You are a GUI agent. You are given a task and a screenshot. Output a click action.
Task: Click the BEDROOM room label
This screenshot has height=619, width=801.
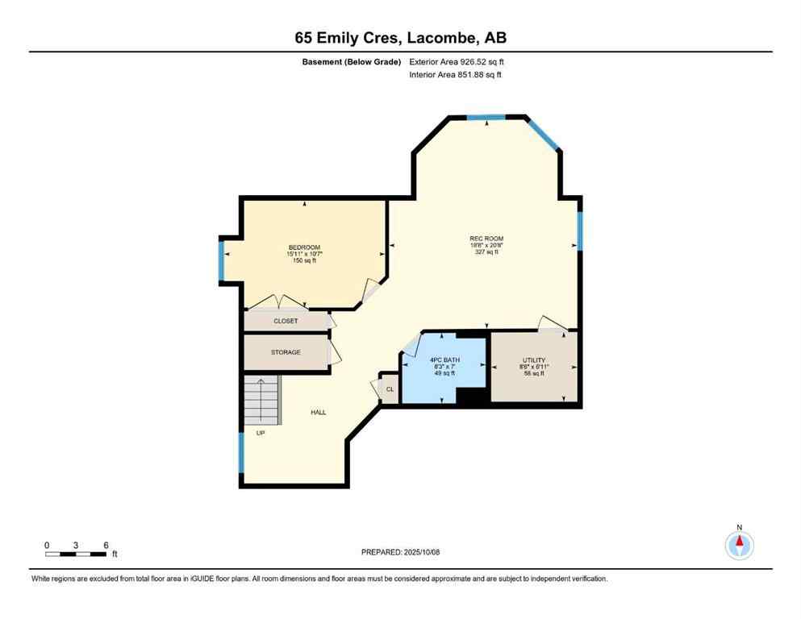[x=304, y=247]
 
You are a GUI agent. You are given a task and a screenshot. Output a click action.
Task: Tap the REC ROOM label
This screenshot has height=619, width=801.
[x=486, y=239]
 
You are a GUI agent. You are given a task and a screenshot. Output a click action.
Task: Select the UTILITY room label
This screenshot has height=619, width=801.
[x=534, y=360]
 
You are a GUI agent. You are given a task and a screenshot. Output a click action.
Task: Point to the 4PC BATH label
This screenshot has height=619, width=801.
[x=444, y=360]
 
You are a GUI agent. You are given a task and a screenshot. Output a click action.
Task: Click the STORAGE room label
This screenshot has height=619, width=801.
[x=286, y=352]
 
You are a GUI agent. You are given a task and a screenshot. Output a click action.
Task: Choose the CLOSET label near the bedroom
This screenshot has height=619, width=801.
[x=286, y=321]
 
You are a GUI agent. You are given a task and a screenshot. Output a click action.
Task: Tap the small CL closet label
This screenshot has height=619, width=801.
[x=390, y=389]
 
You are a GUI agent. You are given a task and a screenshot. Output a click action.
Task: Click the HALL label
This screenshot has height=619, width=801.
[x=319, y=413]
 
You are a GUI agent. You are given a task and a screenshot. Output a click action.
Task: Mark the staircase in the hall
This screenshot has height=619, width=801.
[x=263, y=400]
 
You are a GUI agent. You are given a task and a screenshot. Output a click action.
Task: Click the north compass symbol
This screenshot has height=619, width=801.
[x=739, y=544]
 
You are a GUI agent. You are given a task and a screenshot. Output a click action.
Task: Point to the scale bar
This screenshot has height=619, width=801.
[x=77, y=553]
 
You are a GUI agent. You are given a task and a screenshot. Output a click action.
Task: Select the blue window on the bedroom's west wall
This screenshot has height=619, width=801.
[x=222, y=260]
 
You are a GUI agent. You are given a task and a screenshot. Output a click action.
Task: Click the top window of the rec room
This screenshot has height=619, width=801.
[x=487, y=118]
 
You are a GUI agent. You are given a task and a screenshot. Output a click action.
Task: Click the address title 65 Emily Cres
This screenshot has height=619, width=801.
[x=400, y=38]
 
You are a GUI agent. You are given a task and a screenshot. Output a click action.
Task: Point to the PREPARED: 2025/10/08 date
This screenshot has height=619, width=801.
[x=400, y=552]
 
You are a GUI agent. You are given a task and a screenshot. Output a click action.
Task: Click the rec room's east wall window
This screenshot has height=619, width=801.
[x=579, y=231]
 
